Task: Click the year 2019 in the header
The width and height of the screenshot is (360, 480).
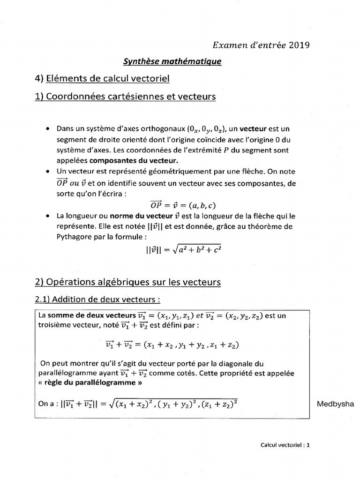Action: (300, 45)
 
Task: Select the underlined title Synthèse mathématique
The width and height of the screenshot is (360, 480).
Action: (172, 61)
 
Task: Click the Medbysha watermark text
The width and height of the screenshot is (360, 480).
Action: (335, 405)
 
